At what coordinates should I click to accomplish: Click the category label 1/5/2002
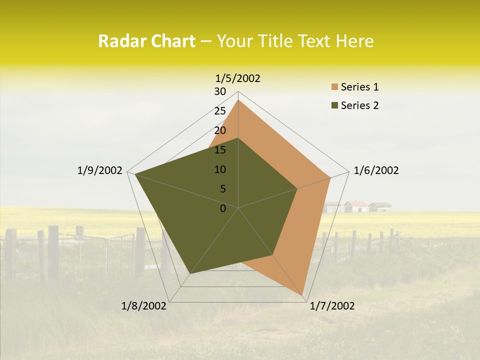coord(238,78)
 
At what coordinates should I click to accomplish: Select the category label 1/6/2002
coord(376,170)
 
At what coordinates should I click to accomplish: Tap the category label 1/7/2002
coord(332,306)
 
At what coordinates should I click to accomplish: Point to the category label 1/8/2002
coord(144,306)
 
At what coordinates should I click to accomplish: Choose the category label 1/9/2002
coord(100,170)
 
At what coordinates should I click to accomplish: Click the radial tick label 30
coord(220,91)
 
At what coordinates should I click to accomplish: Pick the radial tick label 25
coord(220,111)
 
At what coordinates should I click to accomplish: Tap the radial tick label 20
coord(220,130)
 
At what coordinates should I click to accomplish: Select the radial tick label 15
coord(220,150)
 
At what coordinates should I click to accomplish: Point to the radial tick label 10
coord(220,169)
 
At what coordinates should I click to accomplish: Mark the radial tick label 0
coord(223,208)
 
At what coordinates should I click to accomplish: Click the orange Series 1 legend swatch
coord(334,87)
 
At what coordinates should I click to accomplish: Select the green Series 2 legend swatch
coord(334,105)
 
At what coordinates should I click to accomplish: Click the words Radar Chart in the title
coord(146,41)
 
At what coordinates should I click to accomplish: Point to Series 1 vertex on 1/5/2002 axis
coord(238,100)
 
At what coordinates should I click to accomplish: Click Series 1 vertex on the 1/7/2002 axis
coord(302,295)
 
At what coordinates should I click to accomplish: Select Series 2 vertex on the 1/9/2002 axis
coord(134,174)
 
